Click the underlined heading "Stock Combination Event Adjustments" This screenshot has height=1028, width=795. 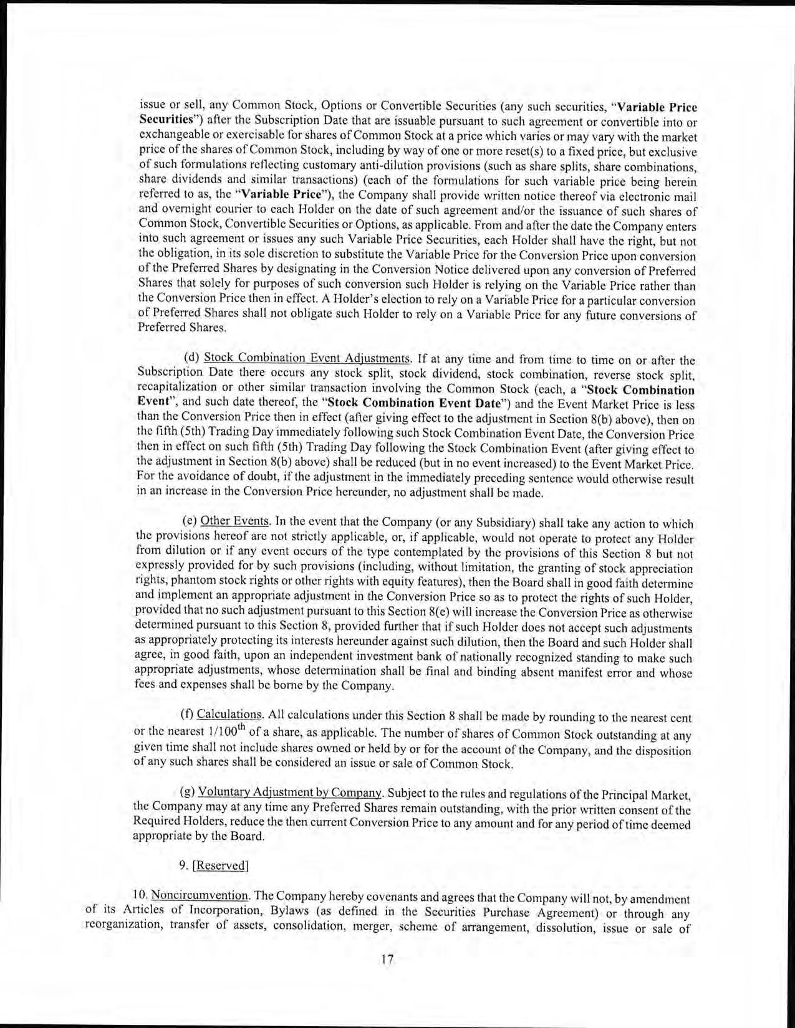[x=307, y=359]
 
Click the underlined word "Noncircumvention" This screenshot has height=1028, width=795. [x=200, y=896]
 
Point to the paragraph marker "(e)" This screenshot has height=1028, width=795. [x=189, y=521]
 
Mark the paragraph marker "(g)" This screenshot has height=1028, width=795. [x=186, y=792]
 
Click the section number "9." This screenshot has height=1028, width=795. [x=183, y=865]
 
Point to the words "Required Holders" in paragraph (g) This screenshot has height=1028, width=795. [x=174, y=822]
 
